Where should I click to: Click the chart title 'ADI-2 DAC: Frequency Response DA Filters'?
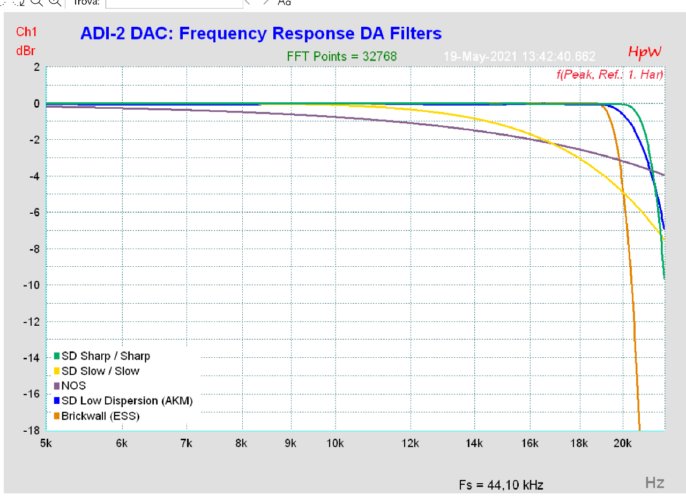[260, 34]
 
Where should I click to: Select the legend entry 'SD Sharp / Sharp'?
[106, 356]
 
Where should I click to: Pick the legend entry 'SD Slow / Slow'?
[100, 371]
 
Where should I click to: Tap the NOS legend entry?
[73, 386]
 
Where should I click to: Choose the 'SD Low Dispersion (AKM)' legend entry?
[126, 401]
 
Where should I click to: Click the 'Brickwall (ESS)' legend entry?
[100, 416]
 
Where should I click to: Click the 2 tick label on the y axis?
[36, 67]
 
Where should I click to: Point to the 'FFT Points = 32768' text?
[342, 56]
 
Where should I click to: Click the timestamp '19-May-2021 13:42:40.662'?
[519, 56]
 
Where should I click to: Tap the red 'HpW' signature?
[645, 52]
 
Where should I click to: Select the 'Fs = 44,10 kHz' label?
[501, 485]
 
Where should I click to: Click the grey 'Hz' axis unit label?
[655, 483]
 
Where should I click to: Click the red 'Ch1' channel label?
[26, 32]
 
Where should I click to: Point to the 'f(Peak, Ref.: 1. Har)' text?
[610, 74]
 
